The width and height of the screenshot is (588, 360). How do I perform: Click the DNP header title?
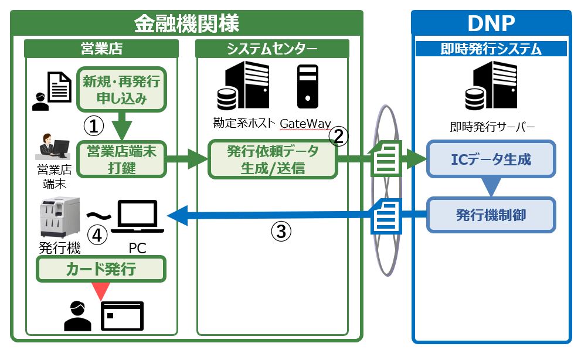coord(491,23)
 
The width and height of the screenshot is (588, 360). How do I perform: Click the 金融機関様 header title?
coord(186,23)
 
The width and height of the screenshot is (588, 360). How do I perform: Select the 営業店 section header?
coord(101,49)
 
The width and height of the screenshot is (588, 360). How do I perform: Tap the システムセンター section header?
coord(272,49)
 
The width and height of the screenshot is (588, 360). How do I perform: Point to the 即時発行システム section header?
coord(491,49)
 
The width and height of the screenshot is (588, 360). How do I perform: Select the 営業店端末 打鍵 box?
coord(123,158)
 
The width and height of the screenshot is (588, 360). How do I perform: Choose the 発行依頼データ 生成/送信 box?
coord(273,159)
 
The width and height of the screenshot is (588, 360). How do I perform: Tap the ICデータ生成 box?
coord(491,159)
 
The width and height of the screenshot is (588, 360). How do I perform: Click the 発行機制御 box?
coord(491,215)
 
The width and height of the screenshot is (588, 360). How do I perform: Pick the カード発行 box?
coord(101,269)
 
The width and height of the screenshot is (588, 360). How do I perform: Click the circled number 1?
coord(94,125)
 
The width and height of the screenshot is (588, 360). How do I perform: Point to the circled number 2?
coord(338,137)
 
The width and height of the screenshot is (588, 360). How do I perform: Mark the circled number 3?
coord(281,232)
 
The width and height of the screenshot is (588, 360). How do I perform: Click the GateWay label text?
coord(305,124)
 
